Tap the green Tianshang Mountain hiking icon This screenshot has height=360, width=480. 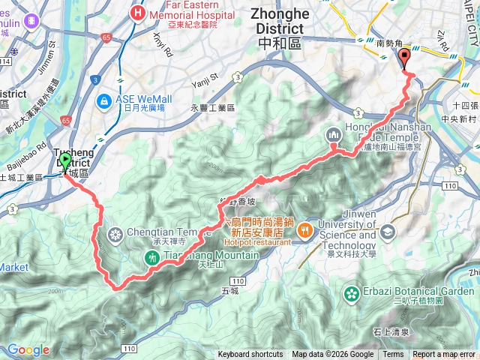click(x=151, y=257)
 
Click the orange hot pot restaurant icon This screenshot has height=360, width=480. click(x=305, y=229)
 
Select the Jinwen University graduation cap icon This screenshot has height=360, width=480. click(x=388, y=230)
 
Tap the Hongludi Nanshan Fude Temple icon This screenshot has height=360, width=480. click(x=332, y=135)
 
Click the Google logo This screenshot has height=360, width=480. click(x=28, y=349)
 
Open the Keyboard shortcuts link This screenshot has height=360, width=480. click(x=250, y=355)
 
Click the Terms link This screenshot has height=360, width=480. click(x=393, y=355)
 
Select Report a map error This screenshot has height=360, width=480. click(x=444, y=355)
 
